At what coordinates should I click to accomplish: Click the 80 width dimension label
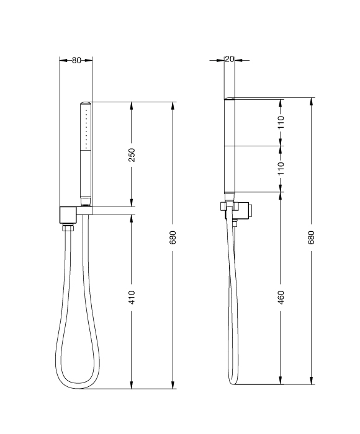[76, 60]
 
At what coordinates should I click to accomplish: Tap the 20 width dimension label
[230, 59]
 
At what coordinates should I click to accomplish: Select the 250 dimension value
[132, 155]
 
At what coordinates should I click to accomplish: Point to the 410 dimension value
[132, 298]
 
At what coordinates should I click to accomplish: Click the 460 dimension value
[281, 298]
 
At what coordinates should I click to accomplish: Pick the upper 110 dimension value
[281, 122]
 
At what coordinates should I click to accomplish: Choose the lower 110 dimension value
[281, 169]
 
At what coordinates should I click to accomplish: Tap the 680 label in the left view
[173, 237]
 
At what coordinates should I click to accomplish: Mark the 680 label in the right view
[311, 237]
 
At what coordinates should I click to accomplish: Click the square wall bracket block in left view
[68, 215]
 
